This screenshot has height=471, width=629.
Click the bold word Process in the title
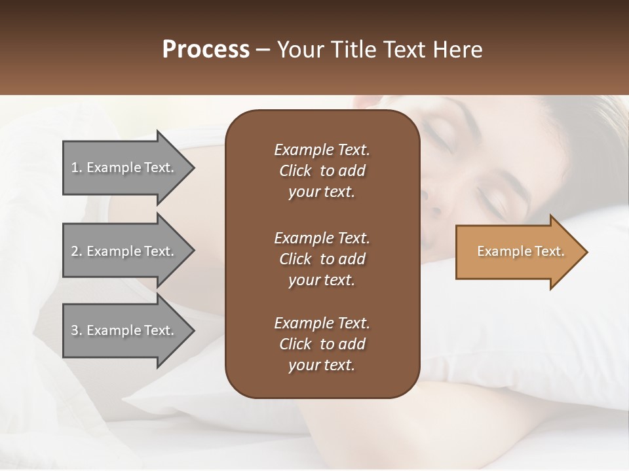coord(206,50)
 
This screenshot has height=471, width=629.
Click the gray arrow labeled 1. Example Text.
coord(124,167)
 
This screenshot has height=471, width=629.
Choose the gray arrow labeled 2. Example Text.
coord(124,251)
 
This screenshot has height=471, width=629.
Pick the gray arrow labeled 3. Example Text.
coord(124,330)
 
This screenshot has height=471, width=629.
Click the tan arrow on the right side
coord(518,252)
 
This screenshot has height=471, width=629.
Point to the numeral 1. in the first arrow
coord(77,167)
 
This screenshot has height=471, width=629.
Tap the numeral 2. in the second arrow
coord(77,251)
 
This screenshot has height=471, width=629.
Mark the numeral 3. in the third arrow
coord(77,330)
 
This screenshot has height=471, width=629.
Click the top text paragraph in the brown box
coord(322,171)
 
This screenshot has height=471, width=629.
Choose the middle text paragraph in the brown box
coord(322,259)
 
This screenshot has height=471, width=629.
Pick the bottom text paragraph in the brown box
coord(322,344)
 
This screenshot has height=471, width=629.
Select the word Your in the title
coord(299,50)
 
